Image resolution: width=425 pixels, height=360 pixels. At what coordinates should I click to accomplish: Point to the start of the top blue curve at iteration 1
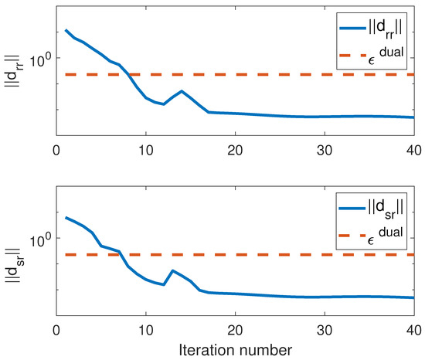[66, 31]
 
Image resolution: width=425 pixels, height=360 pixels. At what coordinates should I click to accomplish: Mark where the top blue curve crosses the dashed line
[130, 74]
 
